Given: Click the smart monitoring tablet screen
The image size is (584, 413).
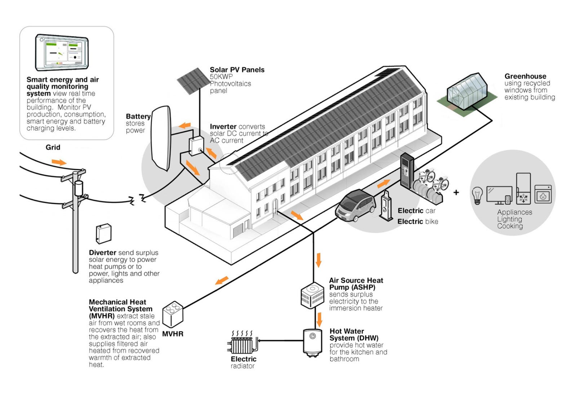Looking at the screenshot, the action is [x=62, y=52].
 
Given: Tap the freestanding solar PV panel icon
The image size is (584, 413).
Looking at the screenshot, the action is [x=194, y=81].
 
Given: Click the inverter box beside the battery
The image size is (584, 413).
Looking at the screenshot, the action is [x=196, y=146].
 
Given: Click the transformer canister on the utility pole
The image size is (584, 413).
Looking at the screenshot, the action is [x=79, y=188].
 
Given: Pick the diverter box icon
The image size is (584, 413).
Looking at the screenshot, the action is [x=103, y=234].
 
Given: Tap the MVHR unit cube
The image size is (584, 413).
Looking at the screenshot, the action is [x=173, y=315].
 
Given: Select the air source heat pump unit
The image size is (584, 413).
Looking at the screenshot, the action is [x=312, y=296].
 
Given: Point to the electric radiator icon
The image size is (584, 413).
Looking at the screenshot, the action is [x=243, y=342].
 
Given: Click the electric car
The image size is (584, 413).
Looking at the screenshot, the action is [x=355, y=206].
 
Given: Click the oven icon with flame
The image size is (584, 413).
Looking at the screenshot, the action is [x=543, y=194].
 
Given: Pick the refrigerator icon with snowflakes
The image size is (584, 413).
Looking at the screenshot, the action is [x=523, y=188].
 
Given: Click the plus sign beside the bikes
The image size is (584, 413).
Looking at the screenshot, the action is [x=456, y=193].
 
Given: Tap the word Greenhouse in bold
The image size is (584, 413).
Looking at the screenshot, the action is [x=525, y=76].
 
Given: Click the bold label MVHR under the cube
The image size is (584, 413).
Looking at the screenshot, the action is [x=173, y=334].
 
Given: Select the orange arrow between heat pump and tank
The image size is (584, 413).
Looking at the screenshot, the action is [x=319, y=320].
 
